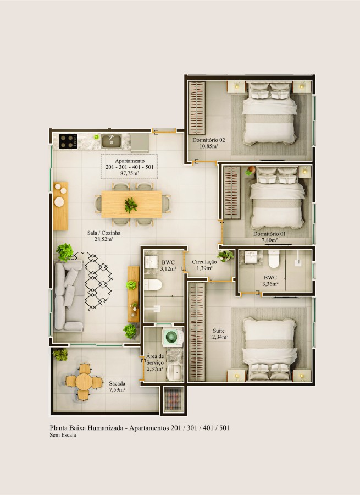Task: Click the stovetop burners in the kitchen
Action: click(x=69, y=141)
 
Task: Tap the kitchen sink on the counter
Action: click(x=112, y=141)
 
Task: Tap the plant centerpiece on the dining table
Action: click(x=131, y=205)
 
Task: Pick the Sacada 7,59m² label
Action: click(x=117, y=386)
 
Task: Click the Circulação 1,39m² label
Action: click(x=204, y=265)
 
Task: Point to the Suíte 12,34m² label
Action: click(x=220, y=334)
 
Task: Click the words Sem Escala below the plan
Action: click(x=63, y=435)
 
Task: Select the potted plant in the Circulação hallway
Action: click(x=226, y=255)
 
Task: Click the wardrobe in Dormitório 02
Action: click(x=196, y=107)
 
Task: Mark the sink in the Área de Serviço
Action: click(x=174, y=372)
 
